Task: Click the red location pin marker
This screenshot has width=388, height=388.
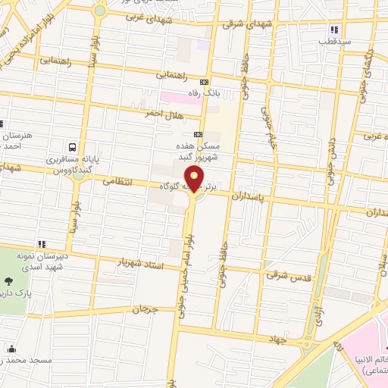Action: point(196,179)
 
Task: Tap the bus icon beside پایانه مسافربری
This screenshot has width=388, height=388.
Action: point(72,147)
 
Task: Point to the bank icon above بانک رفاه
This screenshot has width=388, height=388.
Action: point(204,82)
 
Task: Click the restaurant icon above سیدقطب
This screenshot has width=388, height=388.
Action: point(332,30)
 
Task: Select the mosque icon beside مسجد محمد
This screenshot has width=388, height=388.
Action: point(11,349)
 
